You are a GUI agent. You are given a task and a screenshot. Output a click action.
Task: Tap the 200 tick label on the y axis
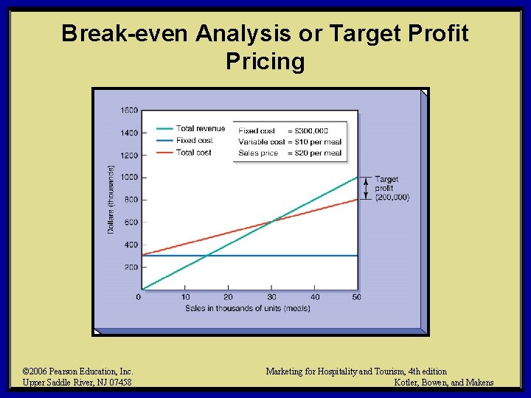click(x=131, y=267)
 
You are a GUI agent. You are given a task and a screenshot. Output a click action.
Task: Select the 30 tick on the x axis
click(x=271, y=296)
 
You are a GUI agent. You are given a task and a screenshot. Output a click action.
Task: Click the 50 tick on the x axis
click(x=358, y=296)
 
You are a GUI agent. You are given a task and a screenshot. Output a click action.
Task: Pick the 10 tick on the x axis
click(x=185, y=296)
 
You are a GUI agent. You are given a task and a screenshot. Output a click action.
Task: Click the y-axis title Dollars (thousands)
click(x=111, y=200)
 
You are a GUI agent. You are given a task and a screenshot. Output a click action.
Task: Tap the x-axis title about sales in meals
click(x=248, y=308)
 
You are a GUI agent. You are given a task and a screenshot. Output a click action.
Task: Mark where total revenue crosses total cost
click(x=271, y=220)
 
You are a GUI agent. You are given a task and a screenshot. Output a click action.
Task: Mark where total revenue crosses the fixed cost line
click(x=209, y=255)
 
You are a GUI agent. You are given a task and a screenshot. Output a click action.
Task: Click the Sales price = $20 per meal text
click(x=290, y=153)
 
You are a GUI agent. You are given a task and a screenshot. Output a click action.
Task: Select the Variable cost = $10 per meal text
click(x=290, y=142)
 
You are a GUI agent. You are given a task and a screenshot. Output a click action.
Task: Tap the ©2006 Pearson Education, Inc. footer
click(x=77, y=371)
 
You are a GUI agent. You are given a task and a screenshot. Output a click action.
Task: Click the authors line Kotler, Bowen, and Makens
click(x=444, y=383)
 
